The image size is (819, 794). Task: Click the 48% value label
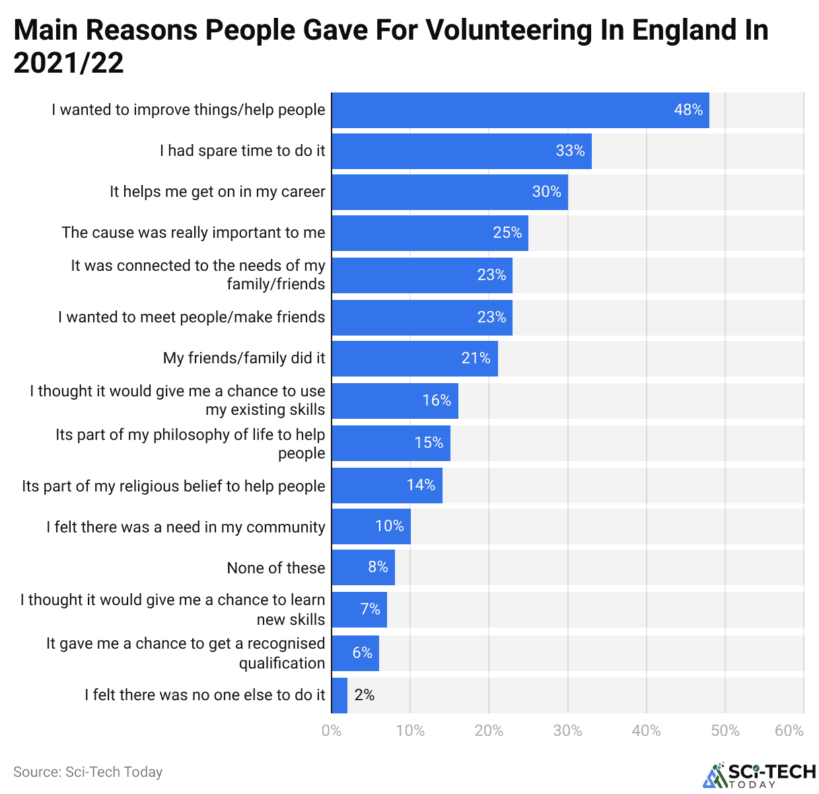688,110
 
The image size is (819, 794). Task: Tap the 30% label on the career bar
546,192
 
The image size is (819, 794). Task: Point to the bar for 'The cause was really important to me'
429,233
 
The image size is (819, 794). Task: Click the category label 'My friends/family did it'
244,358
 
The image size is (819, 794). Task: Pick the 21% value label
476,359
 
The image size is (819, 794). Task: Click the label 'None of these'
275,568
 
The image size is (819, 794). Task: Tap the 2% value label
364,695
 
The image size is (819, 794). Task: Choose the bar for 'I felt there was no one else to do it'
339,696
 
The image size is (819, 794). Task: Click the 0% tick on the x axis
332,731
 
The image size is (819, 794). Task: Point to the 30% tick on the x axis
567,731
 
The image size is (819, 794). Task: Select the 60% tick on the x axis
789,731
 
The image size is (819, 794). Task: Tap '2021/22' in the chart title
69,63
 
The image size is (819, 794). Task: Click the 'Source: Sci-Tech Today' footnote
88,772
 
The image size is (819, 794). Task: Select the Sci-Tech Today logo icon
715,776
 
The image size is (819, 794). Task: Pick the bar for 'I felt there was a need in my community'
371,526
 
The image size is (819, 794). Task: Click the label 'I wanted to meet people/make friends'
192,317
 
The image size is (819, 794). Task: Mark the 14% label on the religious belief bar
421,486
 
